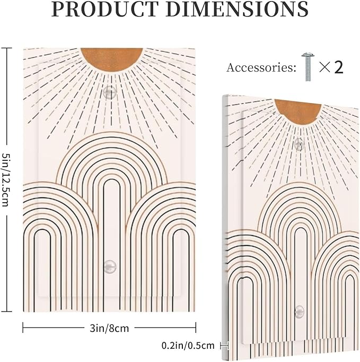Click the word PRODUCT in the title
point(105,9)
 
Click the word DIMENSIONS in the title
point(240,9)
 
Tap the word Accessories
point(261,67)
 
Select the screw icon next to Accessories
point(308,67)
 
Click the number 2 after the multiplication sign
point(338,67)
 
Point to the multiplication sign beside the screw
point(324,67)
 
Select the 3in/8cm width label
point(109,328)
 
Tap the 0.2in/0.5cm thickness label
point(188,346)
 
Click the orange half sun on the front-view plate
point(112,59)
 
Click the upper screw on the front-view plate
point(110,92)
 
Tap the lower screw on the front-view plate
point(110,266)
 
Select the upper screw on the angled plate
point(300,144)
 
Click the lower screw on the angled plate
point(300,311)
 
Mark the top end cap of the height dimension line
point(6,48)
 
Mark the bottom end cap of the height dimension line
point(6,312)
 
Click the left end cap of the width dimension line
point(23,327)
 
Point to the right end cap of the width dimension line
point(196,327)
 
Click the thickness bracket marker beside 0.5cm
point(224,346)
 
